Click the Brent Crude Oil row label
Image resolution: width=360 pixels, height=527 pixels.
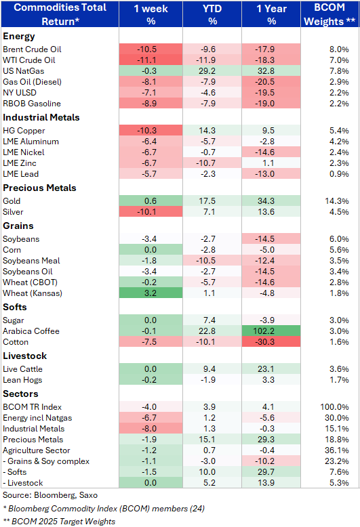32,49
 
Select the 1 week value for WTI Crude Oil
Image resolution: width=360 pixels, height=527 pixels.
146,60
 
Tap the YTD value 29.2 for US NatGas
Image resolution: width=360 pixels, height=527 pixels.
207,71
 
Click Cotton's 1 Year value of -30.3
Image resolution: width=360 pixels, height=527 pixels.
265,342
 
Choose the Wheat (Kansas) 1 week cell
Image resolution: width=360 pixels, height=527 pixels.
151,293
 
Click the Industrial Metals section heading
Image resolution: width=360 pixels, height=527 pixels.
41,117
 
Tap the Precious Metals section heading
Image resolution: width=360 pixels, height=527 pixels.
39,188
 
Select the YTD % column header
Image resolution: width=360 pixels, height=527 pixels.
212,14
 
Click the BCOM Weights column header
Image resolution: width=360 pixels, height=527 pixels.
329,14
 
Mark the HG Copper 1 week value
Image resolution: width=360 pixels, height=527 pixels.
146,131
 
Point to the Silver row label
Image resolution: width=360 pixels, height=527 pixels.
13,212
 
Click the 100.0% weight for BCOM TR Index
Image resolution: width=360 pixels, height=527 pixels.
334,407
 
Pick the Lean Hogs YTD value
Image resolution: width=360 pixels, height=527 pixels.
209,380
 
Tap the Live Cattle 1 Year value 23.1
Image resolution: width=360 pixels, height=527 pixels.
266,369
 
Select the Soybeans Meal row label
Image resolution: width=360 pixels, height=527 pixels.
31,261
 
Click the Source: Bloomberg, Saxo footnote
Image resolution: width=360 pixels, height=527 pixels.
50,495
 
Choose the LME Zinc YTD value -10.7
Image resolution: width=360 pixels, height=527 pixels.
205,163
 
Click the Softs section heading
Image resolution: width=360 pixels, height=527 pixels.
15,308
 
